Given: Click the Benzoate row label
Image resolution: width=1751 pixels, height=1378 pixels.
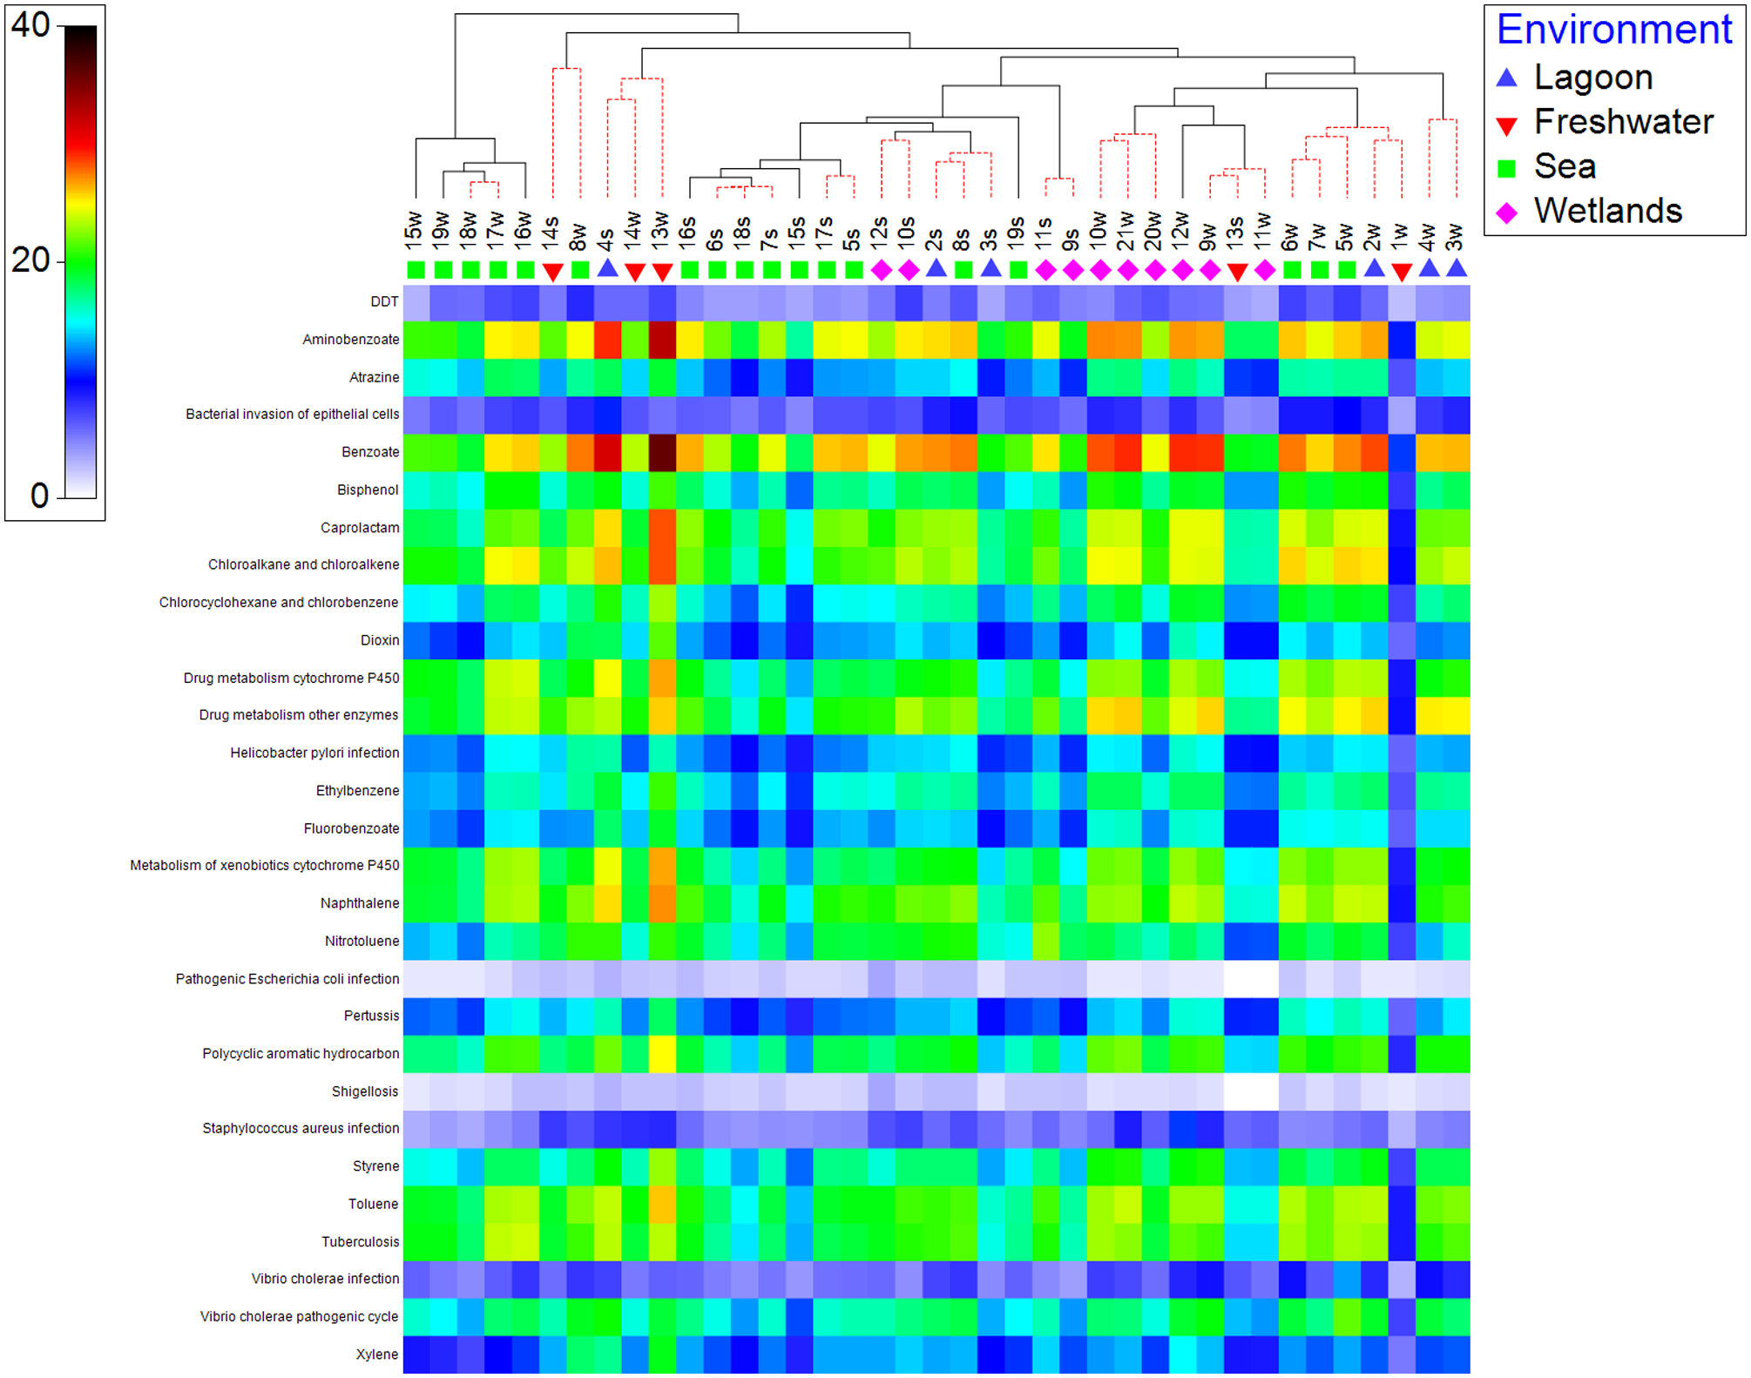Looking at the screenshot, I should point(370,452).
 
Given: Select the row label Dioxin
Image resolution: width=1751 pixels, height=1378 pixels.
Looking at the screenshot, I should point(380,640).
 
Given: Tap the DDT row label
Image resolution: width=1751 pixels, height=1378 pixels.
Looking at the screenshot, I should point(384,301).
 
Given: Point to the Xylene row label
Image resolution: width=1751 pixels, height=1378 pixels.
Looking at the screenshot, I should point(377,1354).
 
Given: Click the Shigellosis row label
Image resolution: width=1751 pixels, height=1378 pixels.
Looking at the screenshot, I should point(365,1091).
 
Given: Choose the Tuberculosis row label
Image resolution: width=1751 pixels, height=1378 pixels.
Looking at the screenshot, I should point(360,1242).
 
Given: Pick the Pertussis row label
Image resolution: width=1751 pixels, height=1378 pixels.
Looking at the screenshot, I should point(371,1016).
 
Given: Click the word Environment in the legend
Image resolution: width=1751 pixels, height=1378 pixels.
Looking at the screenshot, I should point(1614,30).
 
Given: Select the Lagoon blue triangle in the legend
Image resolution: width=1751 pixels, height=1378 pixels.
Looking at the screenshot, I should point(1506,78).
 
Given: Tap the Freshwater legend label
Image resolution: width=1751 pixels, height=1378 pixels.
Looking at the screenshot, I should point(1624,122).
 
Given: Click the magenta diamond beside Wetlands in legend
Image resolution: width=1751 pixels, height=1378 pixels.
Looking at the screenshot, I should point(1506,212).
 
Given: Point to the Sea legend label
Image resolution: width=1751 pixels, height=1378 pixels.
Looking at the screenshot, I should point(1565,166).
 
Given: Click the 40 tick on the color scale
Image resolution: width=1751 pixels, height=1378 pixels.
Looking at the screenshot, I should point(31,25).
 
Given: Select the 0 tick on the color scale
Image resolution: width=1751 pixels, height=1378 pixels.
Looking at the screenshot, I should point(40,496).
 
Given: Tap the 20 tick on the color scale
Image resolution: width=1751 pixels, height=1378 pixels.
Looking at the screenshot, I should point(31,260).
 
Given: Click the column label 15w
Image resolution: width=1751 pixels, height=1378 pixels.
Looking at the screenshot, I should point(414,226).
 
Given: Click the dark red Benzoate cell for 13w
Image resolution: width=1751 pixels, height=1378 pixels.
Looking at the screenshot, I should point(662,452).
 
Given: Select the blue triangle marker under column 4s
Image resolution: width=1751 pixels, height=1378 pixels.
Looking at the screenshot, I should point(607,269).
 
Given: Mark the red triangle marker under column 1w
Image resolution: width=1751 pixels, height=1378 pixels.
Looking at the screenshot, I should point(1401,272).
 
